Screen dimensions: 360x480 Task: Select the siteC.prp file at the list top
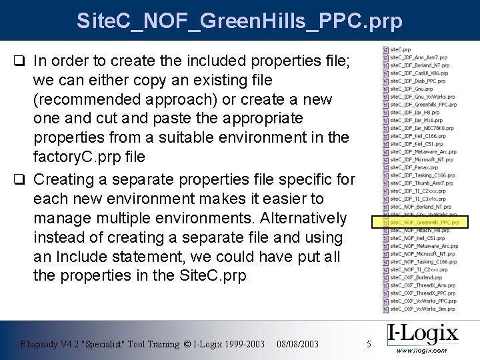pos(400,49)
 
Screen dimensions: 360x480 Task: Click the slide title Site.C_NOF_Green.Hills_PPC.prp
pos(239,21)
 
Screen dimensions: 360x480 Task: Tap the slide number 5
pos(369,344)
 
